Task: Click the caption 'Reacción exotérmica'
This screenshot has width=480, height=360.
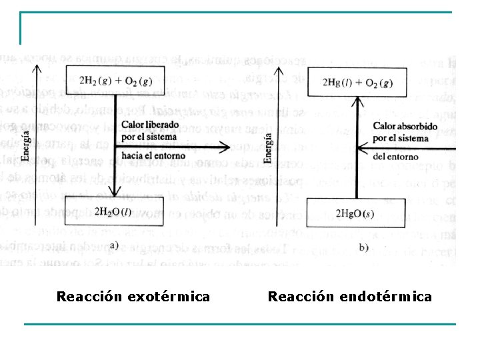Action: tap(133, 296)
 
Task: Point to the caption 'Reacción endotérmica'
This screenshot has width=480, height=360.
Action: tap(350, 296)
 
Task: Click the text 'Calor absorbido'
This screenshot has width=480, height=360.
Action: tap(405, 126)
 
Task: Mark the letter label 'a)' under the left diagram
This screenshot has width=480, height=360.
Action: tap(114, 245)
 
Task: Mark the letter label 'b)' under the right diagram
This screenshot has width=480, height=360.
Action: tap(363, 247)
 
